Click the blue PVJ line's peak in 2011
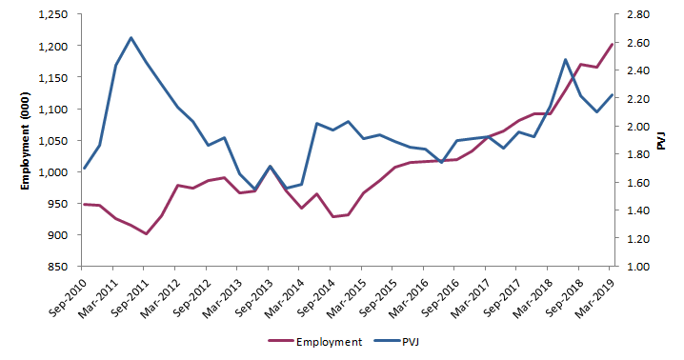pos(131,38)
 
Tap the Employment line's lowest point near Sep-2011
pos(146,233)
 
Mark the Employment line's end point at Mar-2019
pos(612,45)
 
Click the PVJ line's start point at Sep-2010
pos(85,169)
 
